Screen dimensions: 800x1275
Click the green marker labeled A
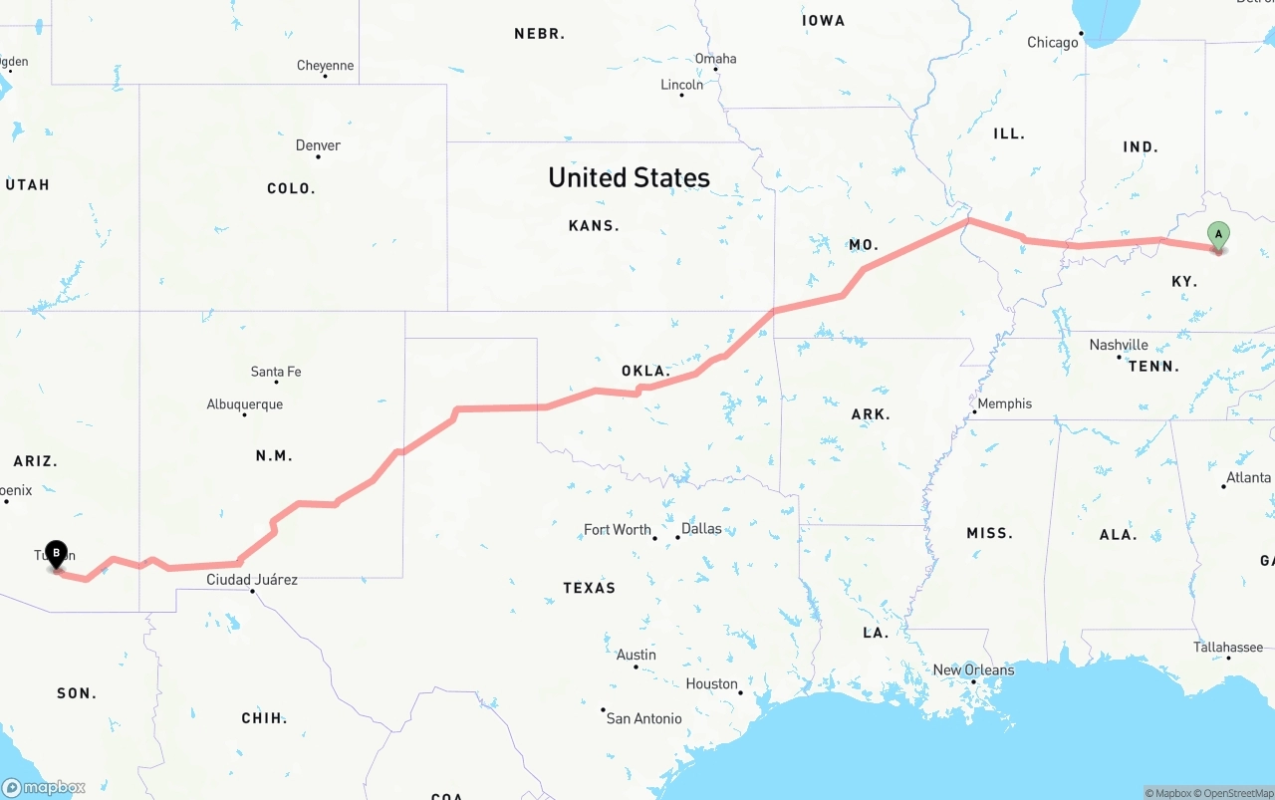[1217, 236]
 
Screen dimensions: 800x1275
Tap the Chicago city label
[1052, 42]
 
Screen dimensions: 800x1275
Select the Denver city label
[318, 145]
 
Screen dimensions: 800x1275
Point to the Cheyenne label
[325, 66]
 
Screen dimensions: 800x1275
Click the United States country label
[629, 177]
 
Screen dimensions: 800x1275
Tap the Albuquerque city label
[244, 404]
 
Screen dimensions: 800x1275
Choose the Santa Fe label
[275, 372]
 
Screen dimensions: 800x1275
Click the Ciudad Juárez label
[251, 579]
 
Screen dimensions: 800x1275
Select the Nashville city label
[1118, 345]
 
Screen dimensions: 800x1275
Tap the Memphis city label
[1004, 403]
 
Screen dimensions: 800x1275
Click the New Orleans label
[973, 669]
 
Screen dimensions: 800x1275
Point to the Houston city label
[711, 683]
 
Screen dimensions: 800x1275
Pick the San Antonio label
[643, 718]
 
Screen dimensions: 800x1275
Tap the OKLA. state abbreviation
[645, 371]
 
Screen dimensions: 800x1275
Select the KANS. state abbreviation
[594, 226]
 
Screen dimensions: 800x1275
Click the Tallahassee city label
[1227, 647]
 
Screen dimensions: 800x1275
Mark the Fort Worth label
[617, 529]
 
